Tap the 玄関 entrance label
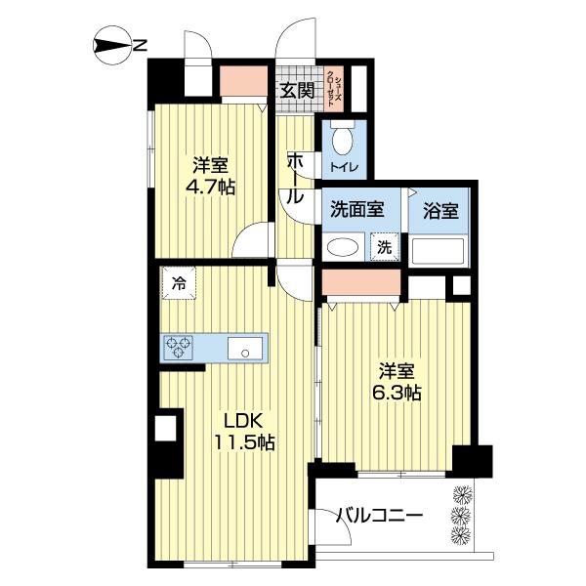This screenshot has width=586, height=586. pos(297,91)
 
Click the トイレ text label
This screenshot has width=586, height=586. pos(343,169)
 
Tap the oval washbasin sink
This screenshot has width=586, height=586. pos(342,247)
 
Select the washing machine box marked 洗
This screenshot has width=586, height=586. pos(384,247)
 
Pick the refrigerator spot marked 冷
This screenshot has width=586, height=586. pos(179,284)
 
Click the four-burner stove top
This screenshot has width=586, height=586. pos(180,346)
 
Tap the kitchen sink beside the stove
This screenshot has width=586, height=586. pos(243,346)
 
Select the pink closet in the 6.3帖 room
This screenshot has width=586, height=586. pos(362,283)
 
